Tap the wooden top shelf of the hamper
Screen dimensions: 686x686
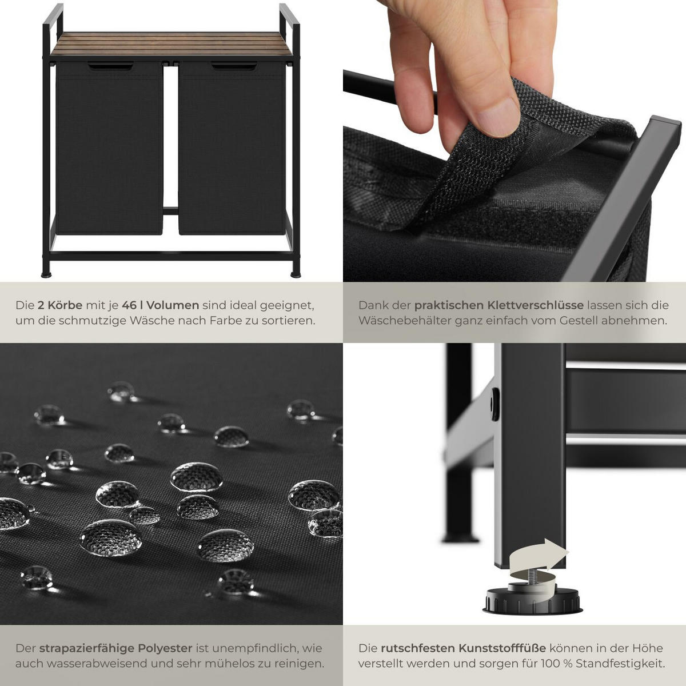click(x=171, y=44)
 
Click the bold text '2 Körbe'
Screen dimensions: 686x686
click(x=60, y=305)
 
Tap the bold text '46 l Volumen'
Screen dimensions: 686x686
click(x=160, y=305)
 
